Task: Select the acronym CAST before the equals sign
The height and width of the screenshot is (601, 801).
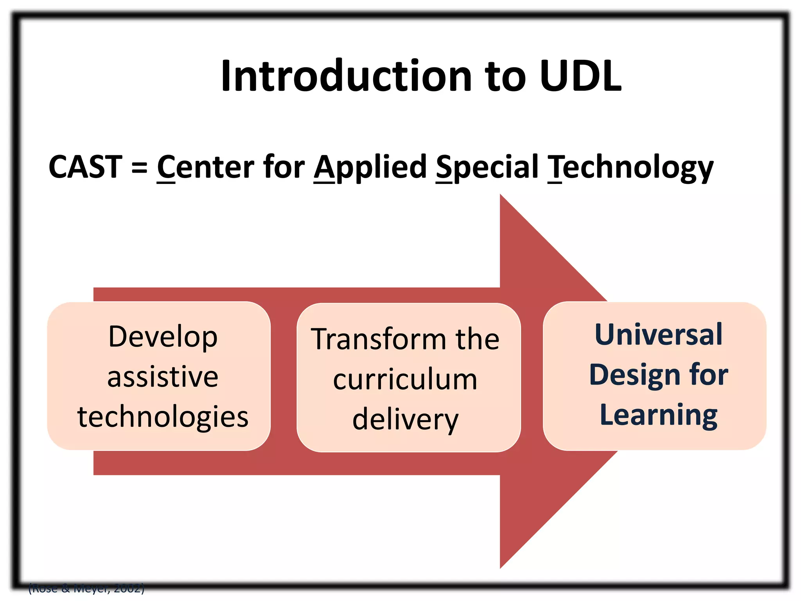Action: coord(85,167)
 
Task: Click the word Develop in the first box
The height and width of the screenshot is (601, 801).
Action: coord(163,337)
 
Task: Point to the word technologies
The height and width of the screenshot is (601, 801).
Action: coord(163,417)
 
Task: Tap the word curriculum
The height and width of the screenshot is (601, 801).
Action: coord(405,380)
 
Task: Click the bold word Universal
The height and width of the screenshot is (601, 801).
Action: coord(658,335)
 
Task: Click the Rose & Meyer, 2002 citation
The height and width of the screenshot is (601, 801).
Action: coord(86,588)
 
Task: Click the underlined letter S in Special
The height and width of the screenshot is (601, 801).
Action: coord(444,167)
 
